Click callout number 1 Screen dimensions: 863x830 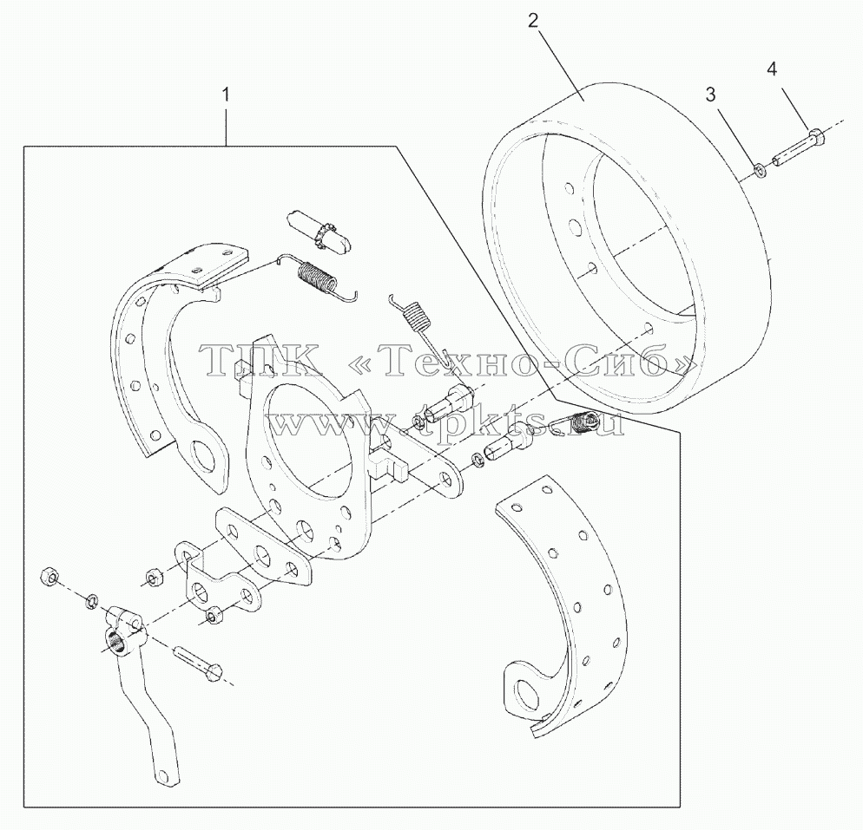click(225, 95)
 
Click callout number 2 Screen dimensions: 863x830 click(533, 21)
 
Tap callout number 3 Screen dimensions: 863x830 click(710, 95)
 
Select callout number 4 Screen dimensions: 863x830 click(772, 69)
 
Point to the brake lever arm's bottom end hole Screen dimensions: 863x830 click(161, 775)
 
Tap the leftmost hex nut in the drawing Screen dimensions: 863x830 click(49, 577)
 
